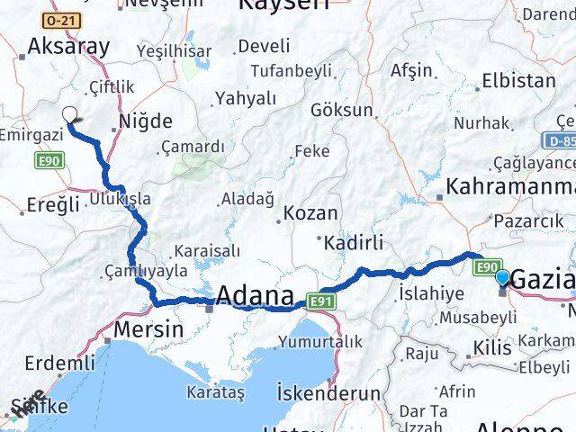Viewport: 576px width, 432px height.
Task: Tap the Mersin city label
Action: coord(148,329)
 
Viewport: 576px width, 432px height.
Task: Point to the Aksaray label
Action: coord(68,47)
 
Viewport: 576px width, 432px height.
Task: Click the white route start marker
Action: coord(70,113)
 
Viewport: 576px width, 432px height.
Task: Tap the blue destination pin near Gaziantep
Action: coord(502,279)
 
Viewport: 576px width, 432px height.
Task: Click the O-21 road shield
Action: coord(61,19)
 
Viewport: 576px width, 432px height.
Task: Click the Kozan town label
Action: coord(310,213)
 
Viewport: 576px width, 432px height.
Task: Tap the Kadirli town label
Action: coord(354,242)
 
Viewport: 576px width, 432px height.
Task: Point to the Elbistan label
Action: coord(518,80)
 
